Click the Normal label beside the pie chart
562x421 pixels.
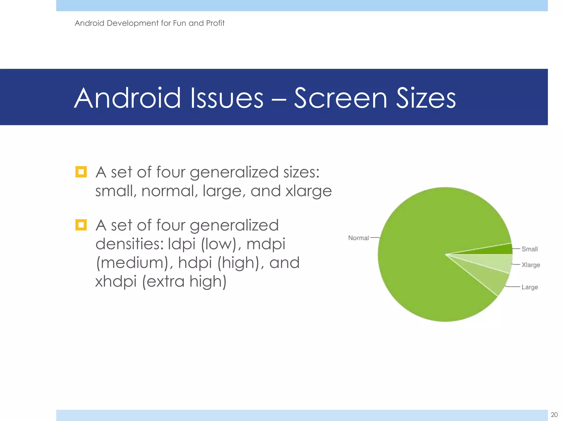click(358, 238)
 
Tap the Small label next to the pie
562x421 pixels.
click(529, 249)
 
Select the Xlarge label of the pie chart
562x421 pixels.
click(531, 265)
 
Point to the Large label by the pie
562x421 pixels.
click(530, 287)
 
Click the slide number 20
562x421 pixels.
click(554, 414)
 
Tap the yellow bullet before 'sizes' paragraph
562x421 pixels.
click(81, 172)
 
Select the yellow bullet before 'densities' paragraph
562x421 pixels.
click(81, 225)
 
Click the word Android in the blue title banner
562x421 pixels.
click(128, 98)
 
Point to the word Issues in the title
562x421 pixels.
click(227, 98)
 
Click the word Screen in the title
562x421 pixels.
click(341, 98)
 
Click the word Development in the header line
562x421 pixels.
click(133, 23)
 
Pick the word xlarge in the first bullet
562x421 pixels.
click(308, 191)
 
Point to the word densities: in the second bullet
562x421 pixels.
click(129, 244)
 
